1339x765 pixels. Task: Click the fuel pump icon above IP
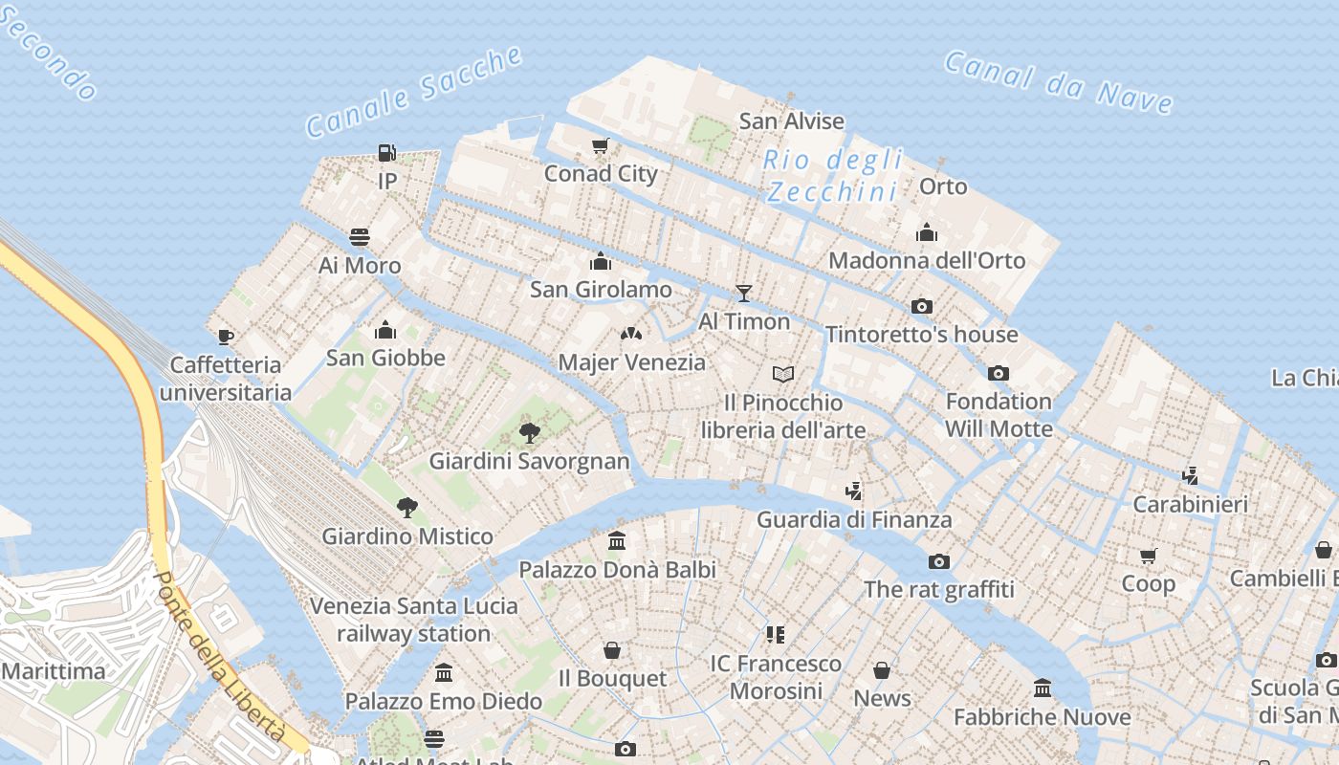click(386, 153)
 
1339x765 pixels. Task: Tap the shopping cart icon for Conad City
click(600, 146)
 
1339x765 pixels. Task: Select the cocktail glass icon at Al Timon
click(744, 294)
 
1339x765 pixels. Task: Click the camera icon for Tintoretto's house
click(922, 306)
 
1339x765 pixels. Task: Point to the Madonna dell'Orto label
click(926, 260)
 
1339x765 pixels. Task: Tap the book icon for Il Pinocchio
click(783, 374)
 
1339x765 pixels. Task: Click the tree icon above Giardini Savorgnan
click(529, 433)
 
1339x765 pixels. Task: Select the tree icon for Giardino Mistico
click(407, 508)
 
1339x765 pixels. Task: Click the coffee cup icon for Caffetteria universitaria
click(226, 337)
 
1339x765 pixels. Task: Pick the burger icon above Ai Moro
click(360, 236)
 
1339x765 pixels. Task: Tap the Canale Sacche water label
click(414, 91)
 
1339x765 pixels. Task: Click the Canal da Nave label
click(1058, 81)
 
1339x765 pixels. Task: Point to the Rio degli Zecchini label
click(833, 175)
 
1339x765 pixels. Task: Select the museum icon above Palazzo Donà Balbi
click(617, 541)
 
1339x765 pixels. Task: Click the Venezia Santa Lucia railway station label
click(413, 620)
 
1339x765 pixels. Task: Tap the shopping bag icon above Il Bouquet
click(612, 651)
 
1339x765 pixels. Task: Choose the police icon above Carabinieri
click(1190, 475)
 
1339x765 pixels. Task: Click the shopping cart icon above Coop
click(1149, 556)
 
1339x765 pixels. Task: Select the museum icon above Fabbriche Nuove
click(1042, 688)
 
